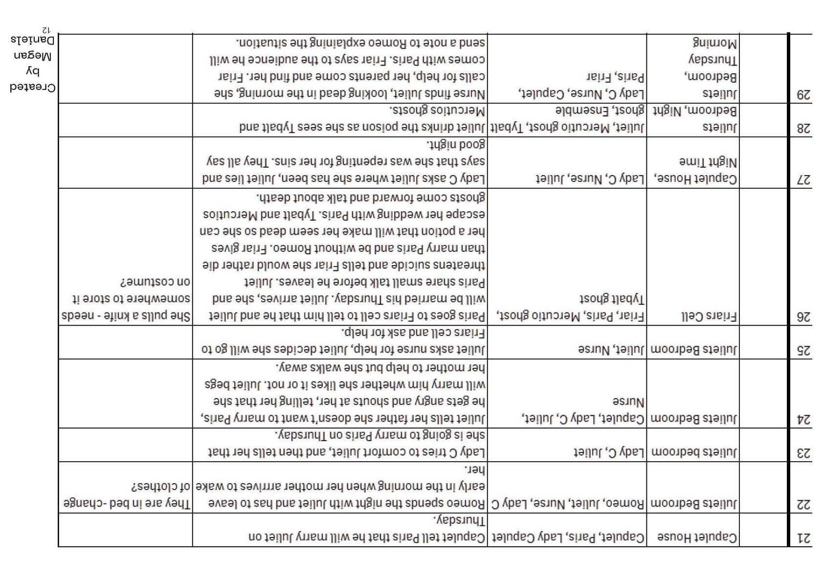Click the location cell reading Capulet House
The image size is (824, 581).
[x=697, y=537]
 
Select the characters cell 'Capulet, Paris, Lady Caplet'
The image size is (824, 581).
[x=567, y=537]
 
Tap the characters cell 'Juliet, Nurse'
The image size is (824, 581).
[x=611, y=350]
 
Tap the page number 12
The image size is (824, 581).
[x=45, y=30]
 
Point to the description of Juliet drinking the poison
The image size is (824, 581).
[x=362, y=119]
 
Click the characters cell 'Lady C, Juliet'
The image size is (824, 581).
[x=609, y=452]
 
